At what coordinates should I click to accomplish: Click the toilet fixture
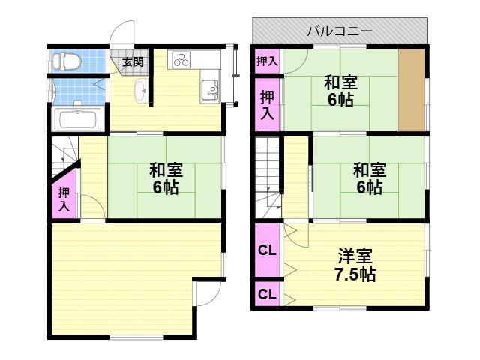[x=66, y=61]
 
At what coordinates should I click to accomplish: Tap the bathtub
[x=78, y=119]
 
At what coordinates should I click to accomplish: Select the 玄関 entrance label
[x=133, y=61]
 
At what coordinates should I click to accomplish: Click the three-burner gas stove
[x=181, y=60]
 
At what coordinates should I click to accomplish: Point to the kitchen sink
[x=210, y=88]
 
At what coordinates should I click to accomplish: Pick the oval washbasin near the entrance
[x=140, y=89]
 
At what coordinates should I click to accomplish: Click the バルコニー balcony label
[x=340, y=31]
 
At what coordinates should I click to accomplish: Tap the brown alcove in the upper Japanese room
[x=411, y=90]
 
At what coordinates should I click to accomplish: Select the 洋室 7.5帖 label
[x=355, y=265]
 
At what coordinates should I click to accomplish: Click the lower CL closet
[x=267, y=294]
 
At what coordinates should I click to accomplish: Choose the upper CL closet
[x=267, y=250]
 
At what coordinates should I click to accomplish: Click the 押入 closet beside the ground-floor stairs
[x=64, y=195]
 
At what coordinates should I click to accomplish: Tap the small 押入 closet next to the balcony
[x=267, y=61]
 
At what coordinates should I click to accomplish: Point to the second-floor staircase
[x=268, y=178]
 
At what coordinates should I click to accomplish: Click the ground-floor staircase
[x=64, y=156]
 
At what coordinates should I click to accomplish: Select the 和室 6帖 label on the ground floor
[x=166, y=178]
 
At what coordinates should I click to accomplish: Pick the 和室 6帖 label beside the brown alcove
[x=340, y=91]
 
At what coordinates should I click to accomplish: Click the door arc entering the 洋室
[x=296, y=235]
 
